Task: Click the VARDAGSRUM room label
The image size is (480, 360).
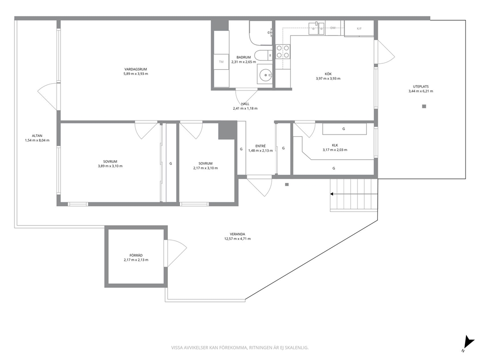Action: (135, 69)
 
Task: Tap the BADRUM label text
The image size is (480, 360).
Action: (243, 57)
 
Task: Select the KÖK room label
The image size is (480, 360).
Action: (328, 74)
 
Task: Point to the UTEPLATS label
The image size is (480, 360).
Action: (420, 87)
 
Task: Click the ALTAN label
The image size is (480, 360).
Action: (37, 135)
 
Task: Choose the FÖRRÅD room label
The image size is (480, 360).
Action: (136, 255)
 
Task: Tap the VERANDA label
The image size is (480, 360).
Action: (238, 234)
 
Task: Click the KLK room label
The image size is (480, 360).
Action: (335, 146)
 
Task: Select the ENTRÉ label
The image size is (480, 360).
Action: (260, 146)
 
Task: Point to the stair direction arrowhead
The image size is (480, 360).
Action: (331, 194)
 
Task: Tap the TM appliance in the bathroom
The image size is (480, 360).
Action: (221, 62)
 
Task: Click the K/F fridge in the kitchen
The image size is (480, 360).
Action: (359, 29)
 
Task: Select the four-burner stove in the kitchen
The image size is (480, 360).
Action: (283, 51)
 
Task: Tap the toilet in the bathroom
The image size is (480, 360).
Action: (263, 56)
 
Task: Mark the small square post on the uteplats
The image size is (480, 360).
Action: (424, 106)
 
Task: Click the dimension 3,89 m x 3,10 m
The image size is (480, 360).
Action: (110, 166)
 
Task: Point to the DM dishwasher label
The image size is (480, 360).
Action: (333, 28)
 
